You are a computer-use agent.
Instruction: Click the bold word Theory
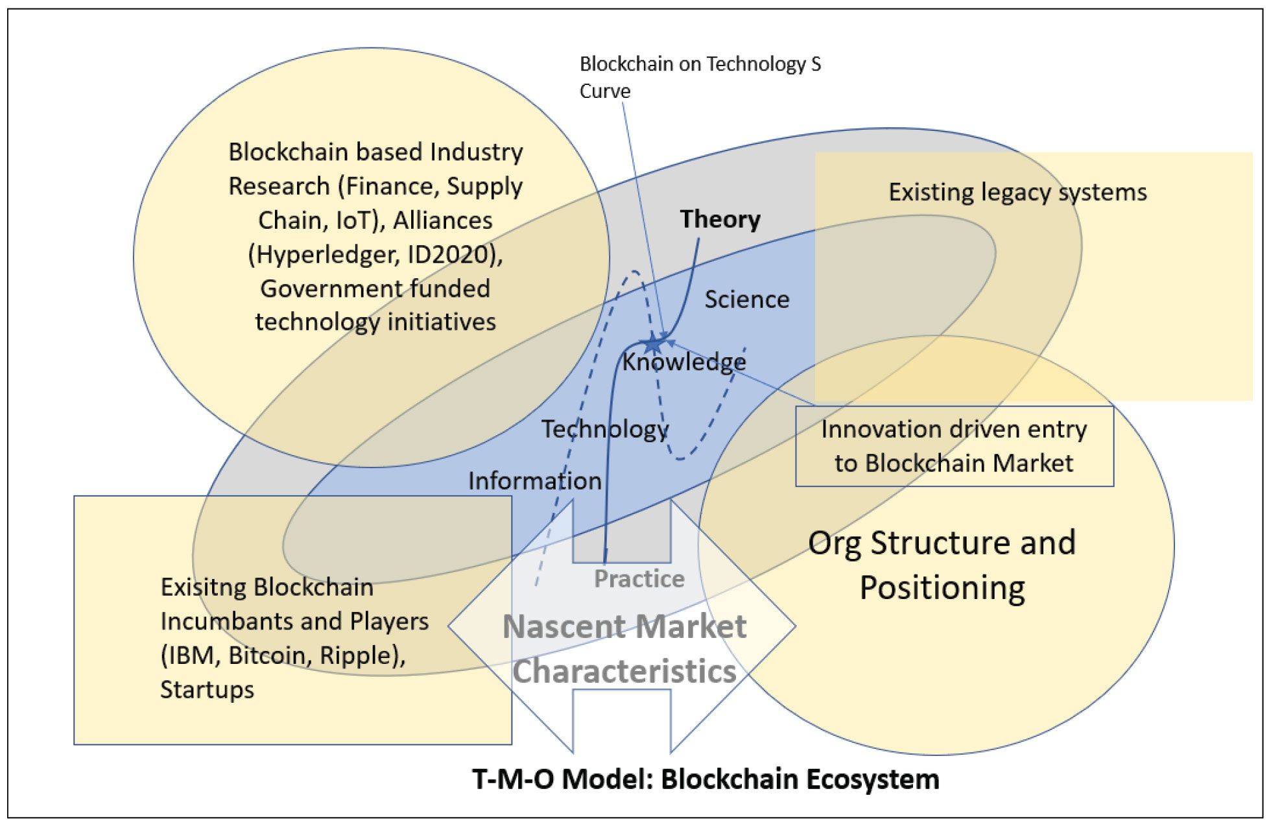click(x=720, y=220)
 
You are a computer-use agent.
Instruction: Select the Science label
click(x=747, y=300)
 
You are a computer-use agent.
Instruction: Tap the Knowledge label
click(x=684, y=362)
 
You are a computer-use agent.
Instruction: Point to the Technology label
click(x=604, y=429)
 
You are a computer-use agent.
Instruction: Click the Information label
click(x=535, y=481)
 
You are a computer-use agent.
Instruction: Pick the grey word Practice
click(x=639, y=579)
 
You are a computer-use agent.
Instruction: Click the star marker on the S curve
click(x=654, y=344)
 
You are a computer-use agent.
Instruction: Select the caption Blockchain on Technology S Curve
click(x=700, y=77)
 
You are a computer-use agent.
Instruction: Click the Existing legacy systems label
click(x=1017, y=193)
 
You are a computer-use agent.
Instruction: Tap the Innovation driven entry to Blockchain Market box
click(x=954, y=446)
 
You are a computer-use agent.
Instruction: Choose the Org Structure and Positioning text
click(x=942, y=565)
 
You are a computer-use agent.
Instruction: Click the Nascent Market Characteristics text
click(x=624, y=649)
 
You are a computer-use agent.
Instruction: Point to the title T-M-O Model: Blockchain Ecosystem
click(x=706, y=779)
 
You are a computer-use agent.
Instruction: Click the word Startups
click(x=207, y=690)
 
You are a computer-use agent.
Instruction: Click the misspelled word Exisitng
click(x=202, y=587)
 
